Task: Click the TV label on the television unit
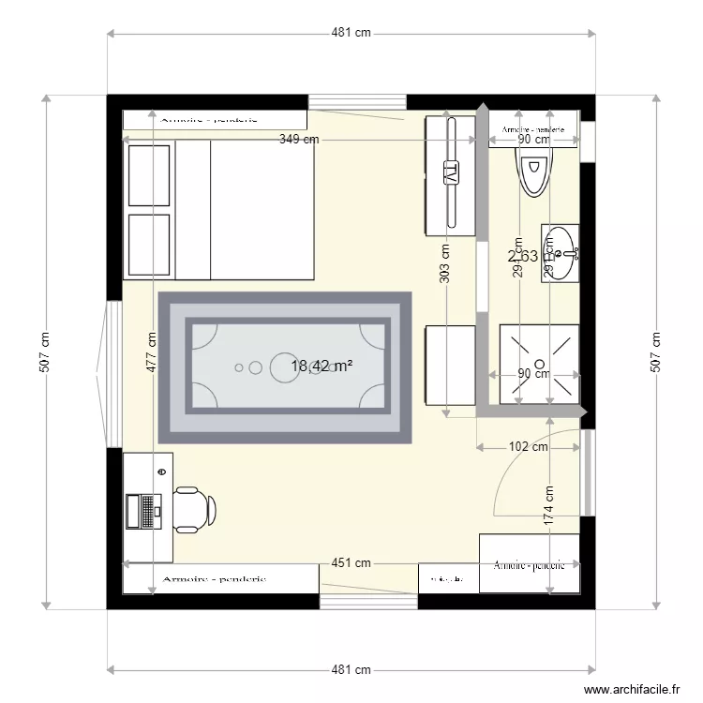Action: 450,173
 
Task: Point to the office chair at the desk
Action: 195,510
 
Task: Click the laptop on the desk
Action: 144,511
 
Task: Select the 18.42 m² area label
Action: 322,366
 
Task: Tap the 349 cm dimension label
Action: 299,140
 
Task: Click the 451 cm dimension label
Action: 351,563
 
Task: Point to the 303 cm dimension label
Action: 444,263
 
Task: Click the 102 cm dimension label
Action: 529,447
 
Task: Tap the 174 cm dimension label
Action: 549,502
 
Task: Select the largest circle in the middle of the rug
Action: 285,366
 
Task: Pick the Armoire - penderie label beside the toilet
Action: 532,130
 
